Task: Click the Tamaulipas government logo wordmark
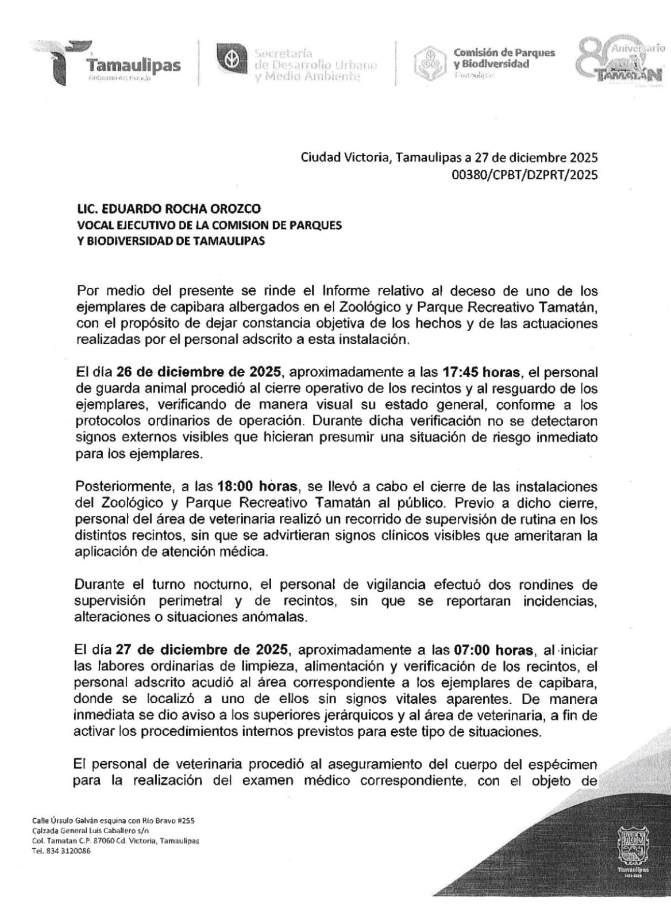133,66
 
